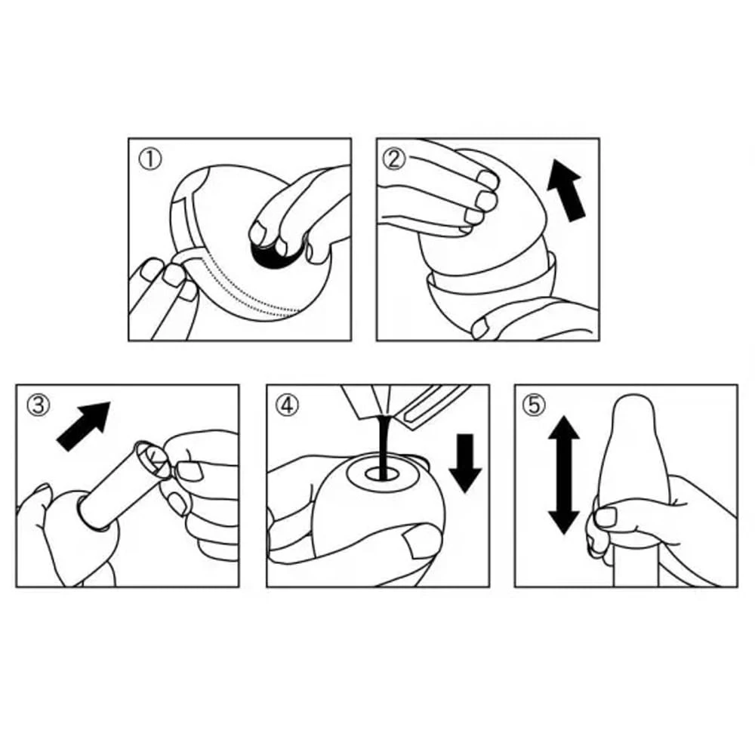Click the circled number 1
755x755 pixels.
[150, 159]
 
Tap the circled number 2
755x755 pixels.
[395, 159]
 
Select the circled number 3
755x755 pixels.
[39, 405]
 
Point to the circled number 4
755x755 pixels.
[287, 405]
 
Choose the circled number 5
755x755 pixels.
[535, 405]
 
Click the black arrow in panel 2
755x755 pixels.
[567, 191]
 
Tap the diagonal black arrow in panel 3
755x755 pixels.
[83, 426]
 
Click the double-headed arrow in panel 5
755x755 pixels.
[564, 475]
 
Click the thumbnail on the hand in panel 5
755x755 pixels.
[606, 518]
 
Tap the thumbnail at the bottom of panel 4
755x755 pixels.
[419, 541]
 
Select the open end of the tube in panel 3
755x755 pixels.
[152, 458]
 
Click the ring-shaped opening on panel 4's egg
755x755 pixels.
[381, 475]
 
